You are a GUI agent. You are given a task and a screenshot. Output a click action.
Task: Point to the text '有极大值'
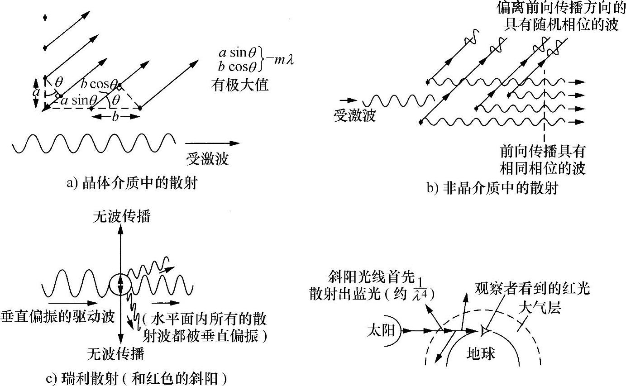(x=239, y=85)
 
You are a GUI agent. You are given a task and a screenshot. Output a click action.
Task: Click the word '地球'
(x=481, y=353)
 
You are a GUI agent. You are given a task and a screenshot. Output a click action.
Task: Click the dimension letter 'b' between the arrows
(x=115, y=117)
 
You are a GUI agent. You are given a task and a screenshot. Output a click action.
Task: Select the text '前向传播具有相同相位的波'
(x=542, y=159)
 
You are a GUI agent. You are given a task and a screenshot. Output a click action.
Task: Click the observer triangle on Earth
(x=485, y=331)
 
